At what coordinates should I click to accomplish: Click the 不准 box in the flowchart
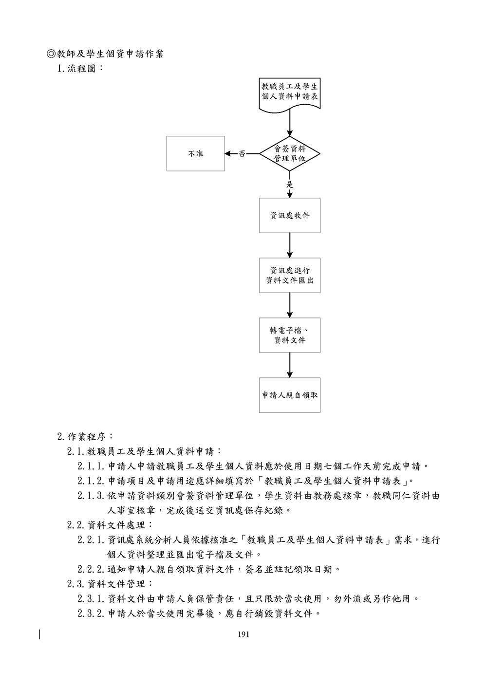pyautogui.click(x=195, y=154)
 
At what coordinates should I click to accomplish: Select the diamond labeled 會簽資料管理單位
pyautogui.click(x=290, y=154)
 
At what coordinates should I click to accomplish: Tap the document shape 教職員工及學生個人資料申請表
pyautogui.click(x=290, y=92)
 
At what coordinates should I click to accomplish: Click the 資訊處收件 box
pyautogui.click(x=290, y=215)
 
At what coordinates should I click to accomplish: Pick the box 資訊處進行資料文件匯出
pyautogui.click(x=290, y=275)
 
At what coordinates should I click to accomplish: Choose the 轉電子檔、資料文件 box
pyautogui.click(x=290, y=335)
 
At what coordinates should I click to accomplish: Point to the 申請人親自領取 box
pyautogui.click(x=290, y=395)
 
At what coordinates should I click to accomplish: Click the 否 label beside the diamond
pyautogui.click(x=242, y=154)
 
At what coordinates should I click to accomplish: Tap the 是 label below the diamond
pyautogui.click(x=290, y=185)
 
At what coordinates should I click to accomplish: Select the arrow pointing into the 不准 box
pyautogui.click(x=231, y=154)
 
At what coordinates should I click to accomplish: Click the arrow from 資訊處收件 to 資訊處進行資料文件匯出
pyautogui.click(x=290, y=245)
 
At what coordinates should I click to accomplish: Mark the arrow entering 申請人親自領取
pyautogui.click(x=290, y=365)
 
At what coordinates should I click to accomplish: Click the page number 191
pyautogui.click(x=243, y=634)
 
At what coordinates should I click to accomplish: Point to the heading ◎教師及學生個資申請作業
pyautogui.click(x=105, y=54)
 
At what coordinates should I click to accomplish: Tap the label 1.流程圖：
pyautogui.click(x=80, y=69)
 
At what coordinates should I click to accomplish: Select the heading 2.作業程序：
pyautogui.click(x=85, y=436)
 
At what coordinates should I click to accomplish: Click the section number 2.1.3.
pyautogui.click(x=92, y=496)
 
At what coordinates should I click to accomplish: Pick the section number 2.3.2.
pyautogui.click(x=92, y=613)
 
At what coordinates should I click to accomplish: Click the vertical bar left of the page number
pyautogui.click(x=39, y=634)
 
